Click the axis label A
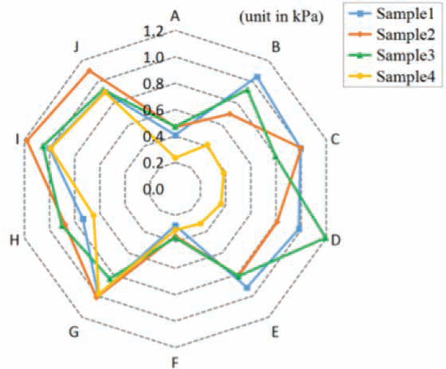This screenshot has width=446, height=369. coord(174,16)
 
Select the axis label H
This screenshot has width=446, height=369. coord(14,241)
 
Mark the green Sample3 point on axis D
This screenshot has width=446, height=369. coord(326,239)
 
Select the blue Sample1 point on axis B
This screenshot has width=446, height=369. coord(257,77)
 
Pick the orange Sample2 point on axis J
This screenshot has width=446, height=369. coord(89,71)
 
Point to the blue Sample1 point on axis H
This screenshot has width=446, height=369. coord(83,218)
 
